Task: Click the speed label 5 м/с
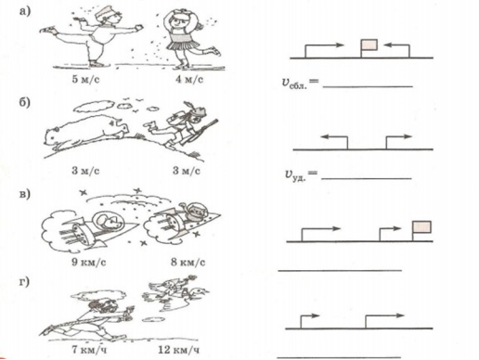click(85, 80)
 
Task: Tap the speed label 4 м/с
click(189, 80)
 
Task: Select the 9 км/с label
click(89, 263)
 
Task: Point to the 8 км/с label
click(188, 263)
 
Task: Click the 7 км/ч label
click(89, 350)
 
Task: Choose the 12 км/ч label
click(179, 350)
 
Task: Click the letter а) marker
click(25, 11)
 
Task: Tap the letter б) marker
click(25, 102)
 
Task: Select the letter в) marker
click(25, 194)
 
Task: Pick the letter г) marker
click(24, 282)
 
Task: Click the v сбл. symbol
click(294, 84)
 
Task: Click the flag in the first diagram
click(369, 45)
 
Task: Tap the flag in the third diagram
click(422, 227)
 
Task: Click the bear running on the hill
click(85, 132)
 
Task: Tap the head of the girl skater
click(177, 19)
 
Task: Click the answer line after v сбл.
click(368, 86)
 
